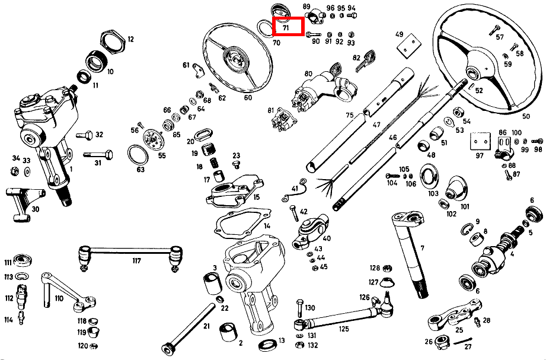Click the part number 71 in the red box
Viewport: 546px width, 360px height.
coord(286,27)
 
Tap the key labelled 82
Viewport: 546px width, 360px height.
coord(365,60)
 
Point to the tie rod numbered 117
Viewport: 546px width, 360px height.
coord(130,250)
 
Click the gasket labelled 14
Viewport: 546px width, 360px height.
coord(242,224)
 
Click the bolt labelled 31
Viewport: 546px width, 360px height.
coord(98,154)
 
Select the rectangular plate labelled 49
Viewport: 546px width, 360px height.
coord(410,45)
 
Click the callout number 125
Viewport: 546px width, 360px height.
coord(343,329)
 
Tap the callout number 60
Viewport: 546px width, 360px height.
coord(248,98)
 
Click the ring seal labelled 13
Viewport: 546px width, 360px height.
coord(268,345)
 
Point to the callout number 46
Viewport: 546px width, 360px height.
coord(393,138)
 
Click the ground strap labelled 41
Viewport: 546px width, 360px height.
coord(294,191)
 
